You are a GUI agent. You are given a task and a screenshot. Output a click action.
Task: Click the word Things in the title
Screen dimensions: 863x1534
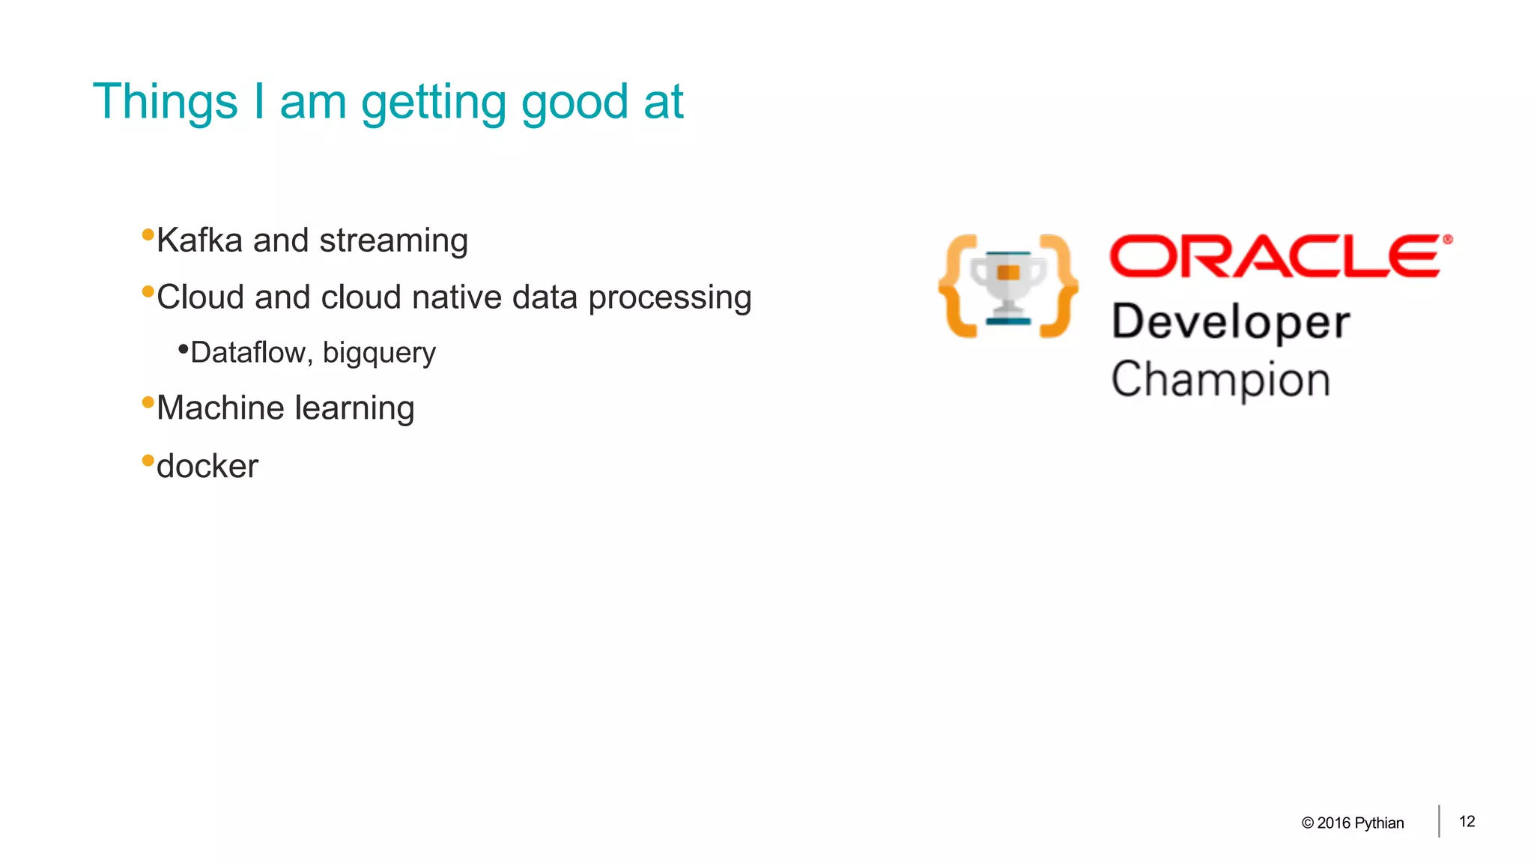(165, 102)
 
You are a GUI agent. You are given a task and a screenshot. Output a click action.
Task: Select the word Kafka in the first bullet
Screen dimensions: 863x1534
(199, 240)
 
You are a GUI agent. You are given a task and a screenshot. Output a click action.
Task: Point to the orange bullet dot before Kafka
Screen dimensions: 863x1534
(148, 235)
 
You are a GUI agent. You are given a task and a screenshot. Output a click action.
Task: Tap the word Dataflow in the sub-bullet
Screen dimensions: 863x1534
(248, 353)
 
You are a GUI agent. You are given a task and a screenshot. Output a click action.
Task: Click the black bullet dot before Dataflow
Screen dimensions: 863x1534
(183, 348)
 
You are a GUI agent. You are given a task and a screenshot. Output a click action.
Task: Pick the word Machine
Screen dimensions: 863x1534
(220, 408)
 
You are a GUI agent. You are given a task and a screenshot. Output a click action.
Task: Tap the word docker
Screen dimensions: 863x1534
(207, 466)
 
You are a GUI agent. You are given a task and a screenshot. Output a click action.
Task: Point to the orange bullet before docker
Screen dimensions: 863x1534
(148, 460)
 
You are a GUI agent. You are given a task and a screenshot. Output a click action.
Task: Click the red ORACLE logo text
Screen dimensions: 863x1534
(1275, 256)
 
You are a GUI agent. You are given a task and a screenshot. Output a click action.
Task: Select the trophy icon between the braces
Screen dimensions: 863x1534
(1008, 287)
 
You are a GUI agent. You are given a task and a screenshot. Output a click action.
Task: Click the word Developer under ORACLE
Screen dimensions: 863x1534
(1230, 323)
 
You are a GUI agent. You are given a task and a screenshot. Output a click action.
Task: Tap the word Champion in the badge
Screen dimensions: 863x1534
(1220, 380)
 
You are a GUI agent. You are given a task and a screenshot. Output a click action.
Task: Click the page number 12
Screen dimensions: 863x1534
(1467, 821)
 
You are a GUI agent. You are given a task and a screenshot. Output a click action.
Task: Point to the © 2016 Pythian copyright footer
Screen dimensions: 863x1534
(1353, 823)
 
